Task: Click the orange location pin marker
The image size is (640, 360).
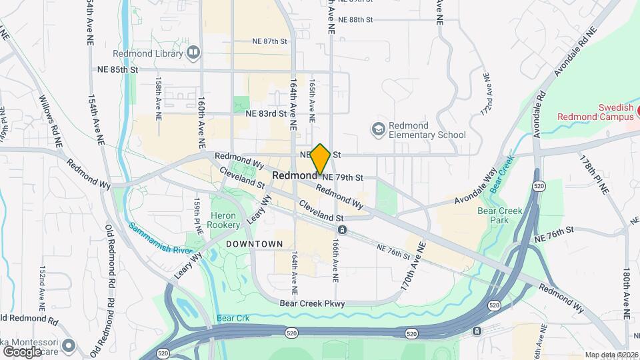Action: coord(320,159)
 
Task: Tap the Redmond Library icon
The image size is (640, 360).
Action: coord(193,51)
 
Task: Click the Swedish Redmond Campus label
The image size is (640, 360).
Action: coord(595,112)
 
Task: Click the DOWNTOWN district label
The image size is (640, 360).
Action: coord(254,244)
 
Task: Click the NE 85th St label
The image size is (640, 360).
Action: coord(117,69)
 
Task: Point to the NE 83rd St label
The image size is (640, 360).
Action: coord(265,113)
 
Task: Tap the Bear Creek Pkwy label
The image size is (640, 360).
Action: coord(311,303)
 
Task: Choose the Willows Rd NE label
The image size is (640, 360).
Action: coord(50,121)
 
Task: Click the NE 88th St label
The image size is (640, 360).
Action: coord(355,19)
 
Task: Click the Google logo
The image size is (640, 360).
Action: coord(22,351)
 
